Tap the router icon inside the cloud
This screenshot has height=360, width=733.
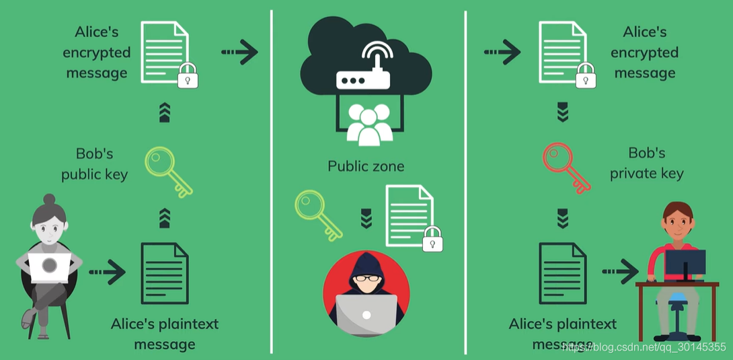click(363, 70)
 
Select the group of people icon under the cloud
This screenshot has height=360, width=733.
click(369, 124)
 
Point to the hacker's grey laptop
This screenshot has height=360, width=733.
click(366, 315)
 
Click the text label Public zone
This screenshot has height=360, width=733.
click(366, 166)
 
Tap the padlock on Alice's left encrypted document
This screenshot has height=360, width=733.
click(188, 75)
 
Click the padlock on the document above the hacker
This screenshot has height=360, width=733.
click(432, 239)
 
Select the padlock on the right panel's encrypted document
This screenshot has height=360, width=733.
click(586, 75)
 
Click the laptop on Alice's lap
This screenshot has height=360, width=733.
click(49, 267)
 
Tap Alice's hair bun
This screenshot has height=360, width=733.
click(49, 200)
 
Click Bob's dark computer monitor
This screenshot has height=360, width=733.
click(685, 263)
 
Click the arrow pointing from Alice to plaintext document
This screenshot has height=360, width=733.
click(107, 272)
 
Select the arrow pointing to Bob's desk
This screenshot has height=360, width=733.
click(620, 271)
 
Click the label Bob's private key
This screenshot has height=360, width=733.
click(647, 164)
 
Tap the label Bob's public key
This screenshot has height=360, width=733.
click(94, 165)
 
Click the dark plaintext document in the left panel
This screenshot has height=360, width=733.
click(165, 273)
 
